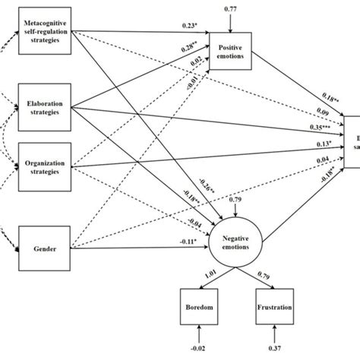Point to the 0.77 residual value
pos(229,9)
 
